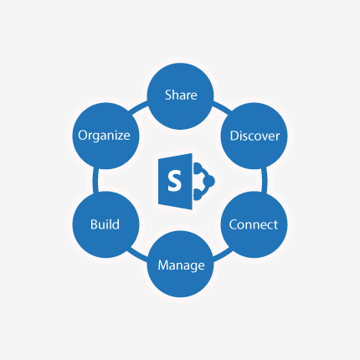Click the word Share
tap(181, 95)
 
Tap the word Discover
tap(255, 136)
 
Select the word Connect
tap(254, 224)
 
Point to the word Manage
tap(181, 265)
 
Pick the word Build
tap(105, 224)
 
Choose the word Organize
tap(104, 136)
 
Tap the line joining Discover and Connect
tap(265, 180)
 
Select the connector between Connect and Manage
tap(223, 255)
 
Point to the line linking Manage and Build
tap(137, 255)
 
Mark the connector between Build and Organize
tap(95, 180)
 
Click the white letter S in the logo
tap(174, 181)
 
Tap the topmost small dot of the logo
tap(198, 167)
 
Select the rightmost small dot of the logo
tap(209, 181)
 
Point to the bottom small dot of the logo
tap(198, 194)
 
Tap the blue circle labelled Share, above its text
tap(181, 76)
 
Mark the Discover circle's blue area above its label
tap(254, 116)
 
